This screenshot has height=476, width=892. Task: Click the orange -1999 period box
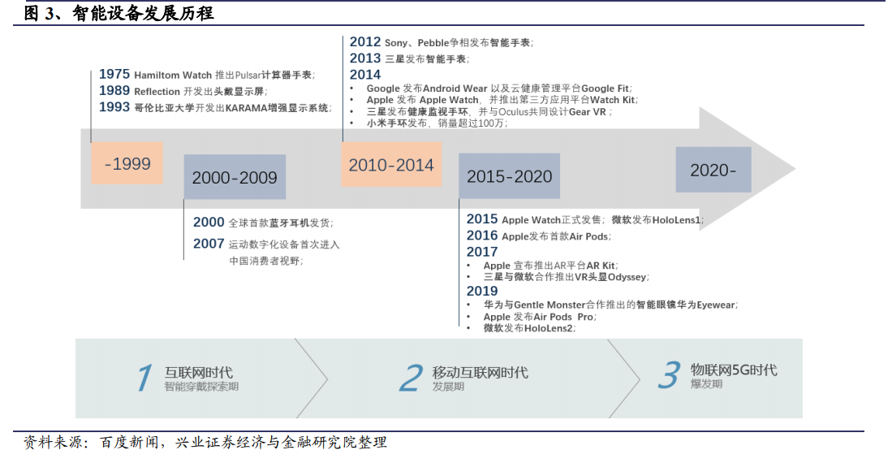[x=127, y=162]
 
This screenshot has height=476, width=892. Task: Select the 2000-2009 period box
[x=235, y=177]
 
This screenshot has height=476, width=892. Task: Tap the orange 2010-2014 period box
[x=391, y=165]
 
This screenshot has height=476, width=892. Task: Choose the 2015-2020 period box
[x=509, y=176]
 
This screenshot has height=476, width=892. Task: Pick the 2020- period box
[x=713, y=170]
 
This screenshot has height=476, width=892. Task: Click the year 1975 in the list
[x=114, y=74]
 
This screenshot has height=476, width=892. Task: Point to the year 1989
[x=114, y=90]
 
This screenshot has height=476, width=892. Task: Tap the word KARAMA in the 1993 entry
[x=247, y=107]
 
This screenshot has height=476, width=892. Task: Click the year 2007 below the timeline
[x=209, y=244]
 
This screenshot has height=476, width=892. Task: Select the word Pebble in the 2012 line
[x=433, y=43]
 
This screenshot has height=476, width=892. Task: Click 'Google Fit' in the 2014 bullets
[x=605, y=89]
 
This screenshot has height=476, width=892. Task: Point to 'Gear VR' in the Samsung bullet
[x=587, y=111]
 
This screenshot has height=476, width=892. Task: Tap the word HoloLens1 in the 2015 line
[x=676, y=220]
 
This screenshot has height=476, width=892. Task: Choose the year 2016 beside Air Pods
[x=482, y=236]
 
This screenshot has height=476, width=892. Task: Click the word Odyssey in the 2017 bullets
[x=627, y=277]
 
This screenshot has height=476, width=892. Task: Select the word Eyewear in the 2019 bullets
[x=716, y=305]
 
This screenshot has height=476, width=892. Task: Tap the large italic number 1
[x=144, y=378]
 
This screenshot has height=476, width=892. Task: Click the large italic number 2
[x=411, y=378]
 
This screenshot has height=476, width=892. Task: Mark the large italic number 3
[x=669, y=375]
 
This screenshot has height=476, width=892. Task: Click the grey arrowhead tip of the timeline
[x=795, y=168]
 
